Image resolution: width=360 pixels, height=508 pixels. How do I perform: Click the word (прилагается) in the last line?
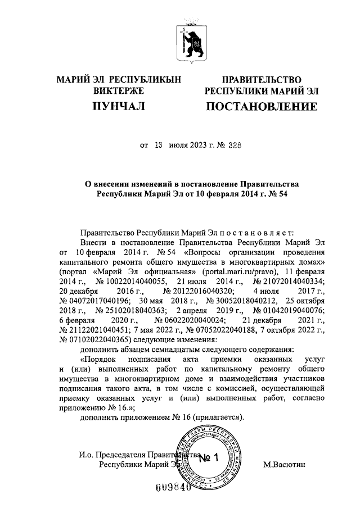[x=218, y=418]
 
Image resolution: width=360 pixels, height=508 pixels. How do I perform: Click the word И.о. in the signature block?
[x=71, y=455]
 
